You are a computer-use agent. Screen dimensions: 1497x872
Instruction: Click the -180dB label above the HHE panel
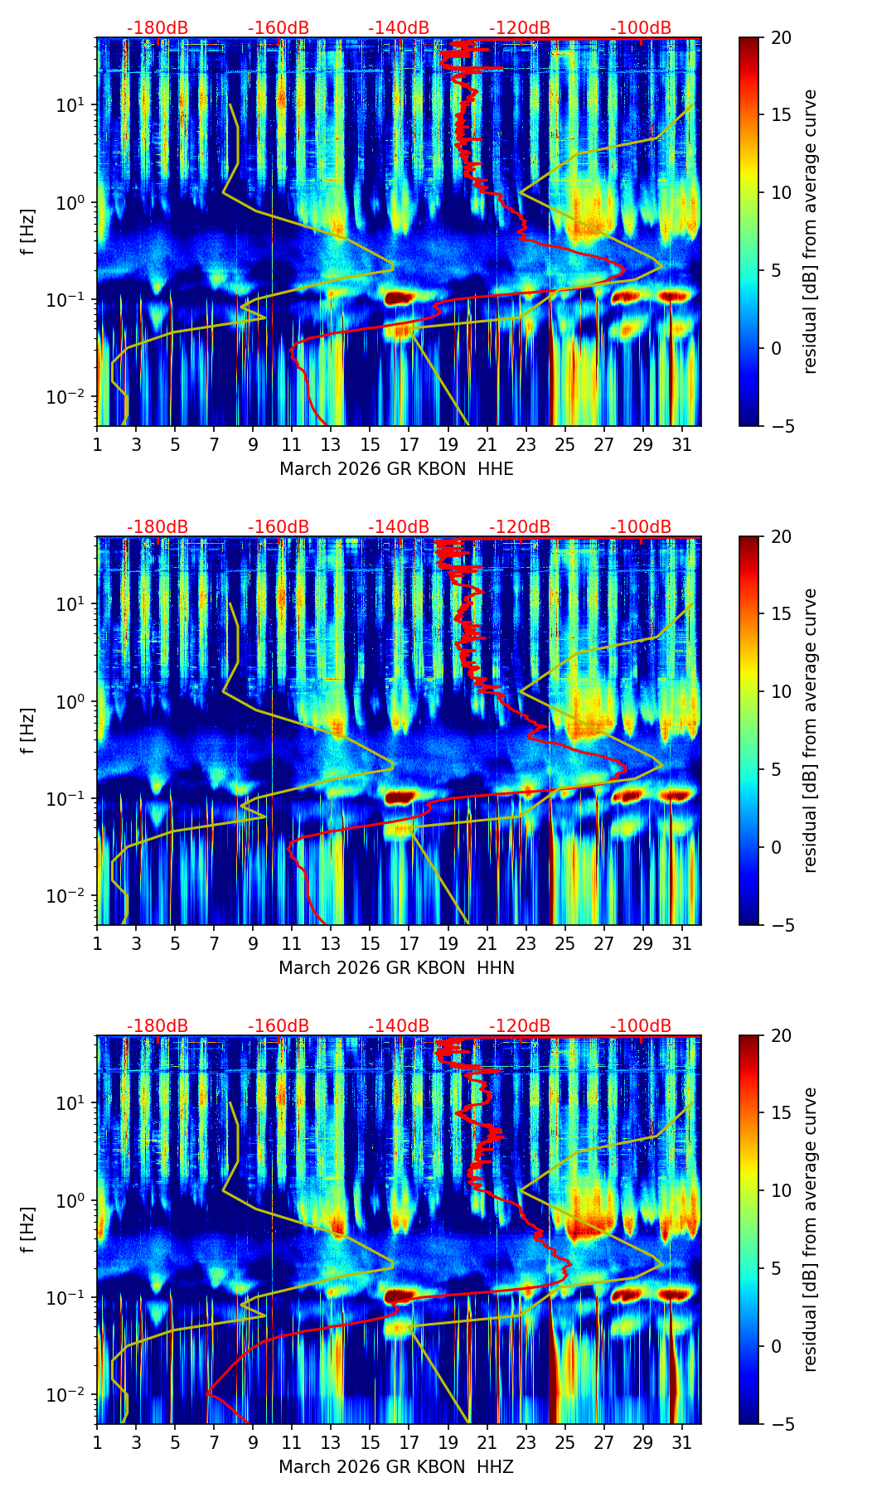pyautogui.click(x=157, y=28)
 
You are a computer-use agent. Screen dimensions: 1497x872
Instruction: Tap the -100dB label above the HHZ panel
pyautogui.click(x=641, y=1026)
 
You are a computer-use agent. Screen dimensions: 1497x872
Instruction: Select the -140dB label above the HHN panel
pyautogui.click(x=399, y=527)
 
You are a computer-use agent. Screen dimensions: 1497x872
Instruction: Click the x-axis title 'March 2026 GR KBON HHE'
pyautogui.click(x=396, y=469)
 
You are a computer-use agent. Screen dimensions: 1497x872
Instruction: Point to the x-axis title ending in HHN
pyautogui.click(x=396, y=968)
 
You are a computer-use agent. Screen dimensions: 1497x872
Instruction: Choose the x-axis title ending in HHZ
pyautogui.click(x=396, y=1467)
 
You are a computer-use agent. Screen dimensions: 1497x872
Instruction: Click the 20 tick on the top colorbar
pyautogui.click(x=781, y=38)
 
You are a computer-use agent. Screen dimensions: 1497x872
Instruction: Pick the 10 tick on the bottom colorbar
pyautogui.click(x=781, y=1190)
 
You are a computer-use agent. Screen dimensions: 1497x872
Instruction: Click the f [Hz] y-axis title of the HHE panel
pyautogui.click(x=29, y=232)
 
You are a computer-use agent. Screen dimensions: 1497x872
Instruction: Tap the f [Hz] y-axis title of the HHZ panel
pyautogui.click(x=29, y=1230)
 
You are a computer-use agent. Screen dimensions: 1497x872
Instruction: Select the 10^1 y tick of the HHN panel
pyautogui.click(x=76, y=604)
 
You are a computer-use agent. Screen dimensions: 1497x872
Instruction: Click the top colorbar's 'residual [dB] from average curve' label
pyautogui.click(x=810, y=232)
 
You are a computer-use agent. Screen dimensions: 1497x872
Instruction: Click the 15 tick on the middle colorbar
pyautogui.click(x=781, y=613)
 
